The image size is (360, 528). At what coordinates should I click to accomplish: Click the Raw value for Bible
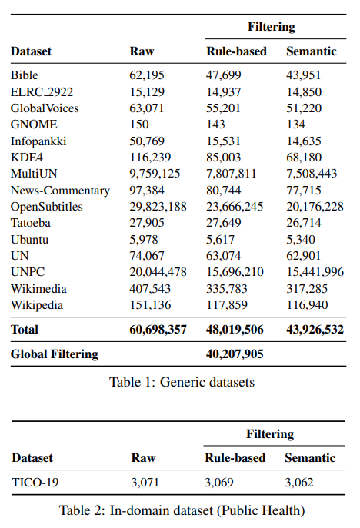[x=147, y=75]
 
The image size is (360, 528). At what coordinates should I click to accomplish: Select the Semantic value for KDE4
[x=304, y=158]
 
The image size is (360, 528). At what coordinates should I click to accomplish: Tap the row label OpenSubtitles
[x=46, y=207]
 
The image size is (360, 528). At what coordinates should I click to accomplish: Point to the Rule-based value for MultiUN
[x=232, y=174]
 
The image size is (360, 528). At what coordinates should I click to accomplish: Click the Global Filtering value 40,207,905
[x=235, y=354]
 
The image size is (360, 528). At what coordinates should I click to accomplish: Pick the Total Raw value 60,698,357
[x=158, y=329]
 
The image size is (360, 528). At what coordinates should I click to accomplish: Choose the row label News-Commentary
[x=60, y=191]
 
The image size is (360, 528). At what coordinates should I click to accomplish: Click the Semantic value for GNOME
[x=295, y=125]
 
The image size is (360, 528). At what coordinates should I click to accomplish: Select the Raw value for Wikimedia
[x=150, y=288]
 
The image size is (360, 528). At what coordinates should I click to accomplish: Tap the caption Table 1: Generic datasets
[x=182, y=382]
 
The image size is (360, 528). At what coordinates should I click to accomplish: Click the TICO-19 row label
[x=35, y=482]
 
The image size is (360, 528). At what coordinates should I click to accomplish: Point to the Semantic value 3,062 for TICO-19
[x=299, y=482]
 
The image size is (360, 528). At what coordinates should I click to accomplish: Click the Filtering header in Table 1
[x=272, y=27]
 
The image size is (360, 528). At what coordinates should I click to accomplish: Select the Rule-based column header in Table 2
[x=235, y=458]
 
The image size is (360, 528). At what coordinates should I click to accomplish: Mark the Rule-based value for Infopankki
[x=224, y=141]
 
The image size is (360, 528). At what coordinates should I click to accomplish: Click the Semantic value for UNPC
[x=315, y=272]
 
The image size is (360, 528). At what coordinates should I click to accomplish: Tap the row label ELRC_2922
[x=42, y=91]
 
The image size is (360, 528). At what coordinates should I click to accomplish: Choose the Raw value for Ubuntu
[x=144, y=240]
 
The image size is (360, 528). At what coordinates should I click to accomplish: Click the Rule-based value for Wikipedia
[x=227, y=305]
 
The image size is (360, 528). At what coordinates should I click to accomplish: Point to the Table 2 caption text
[x=182, y=510]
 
